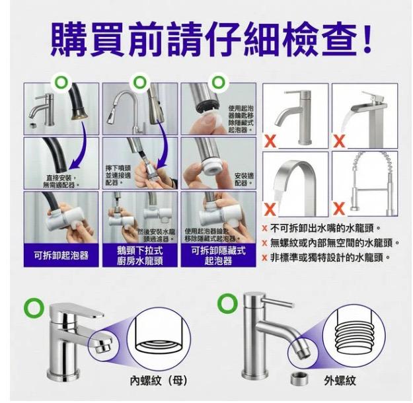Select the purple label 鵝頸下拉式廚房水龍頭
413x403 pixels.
click(139, 256)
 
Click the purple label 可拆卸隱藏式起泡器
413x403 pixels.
click(218, 256)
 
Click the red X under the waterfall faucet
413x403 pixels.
click(340, 140)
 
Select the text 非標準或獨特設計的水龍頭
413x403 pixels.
click(330, 257)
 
